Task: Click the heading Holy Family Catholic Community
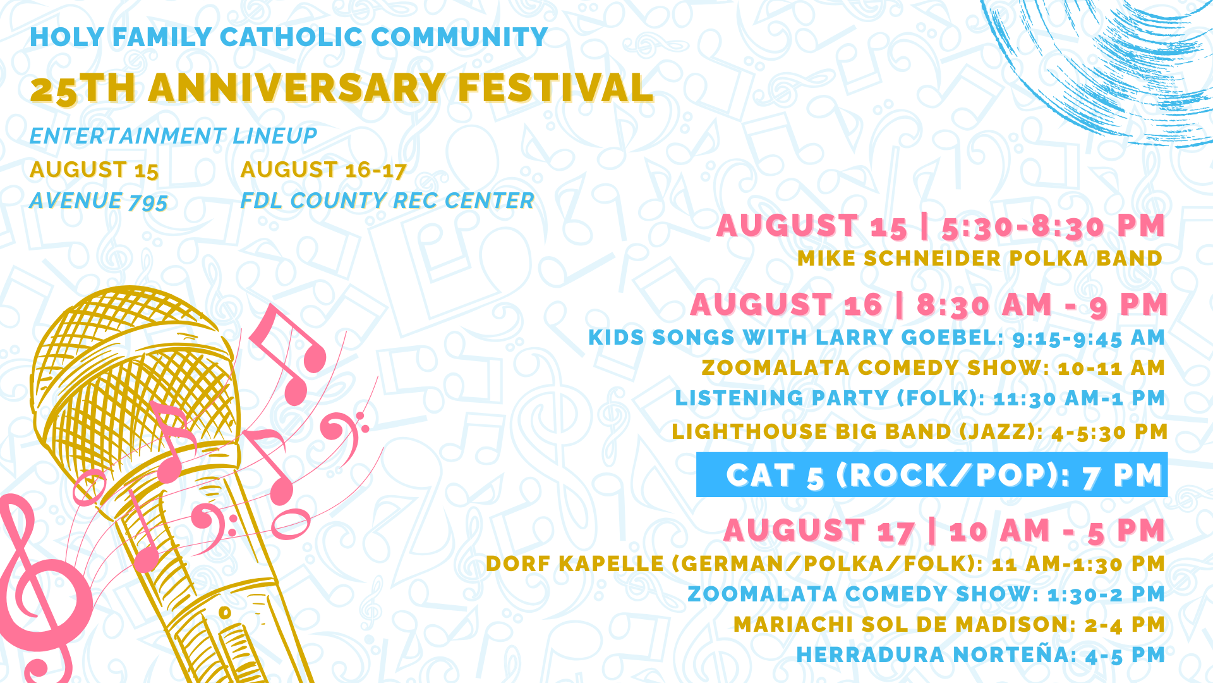[x=289, y=37]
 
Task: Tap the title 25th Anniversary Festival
[x=342, y=88]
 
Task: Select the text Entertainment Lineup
[x=173, y=136]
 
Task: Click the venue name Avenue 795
[x=99, y=201]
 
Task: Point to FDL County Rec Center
[x=387, y=200]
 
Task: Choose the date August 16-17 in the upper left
[x=323, y=169]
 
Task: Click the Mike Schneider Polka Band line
[x=980, y=258]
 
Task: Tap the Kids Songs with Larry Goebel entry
[x=877, y=338]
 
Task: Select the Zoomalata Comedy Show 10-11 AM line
[x=933, y=367]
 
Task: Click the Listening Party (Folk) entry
[x=920, y=398]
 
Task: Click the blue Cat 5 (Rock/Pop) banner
[x=932, y=475]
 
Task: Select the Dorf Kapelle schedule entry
[x=826, y=563]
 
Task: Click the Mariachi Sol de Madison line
[x=950, y=625]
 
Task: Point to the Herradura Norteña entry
[x=981, y=655]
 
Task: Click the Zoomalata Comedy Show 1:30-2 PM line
[x=926, y=594]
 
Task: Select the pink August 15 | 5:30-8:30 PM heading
[x=941, y=226]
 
